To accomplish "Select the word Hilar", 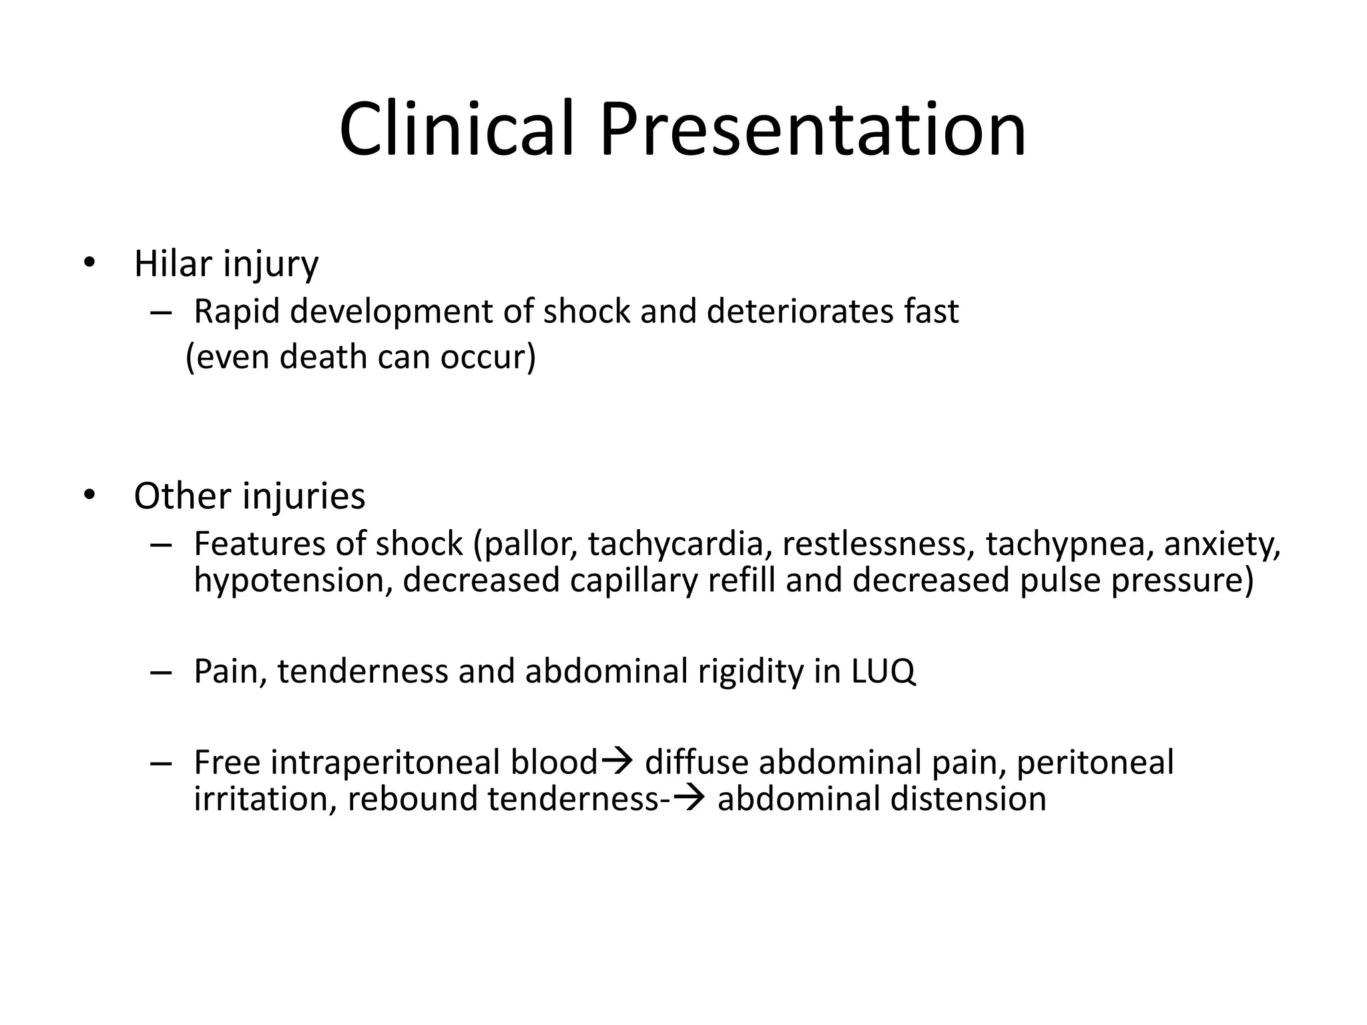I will [x=172, y=264].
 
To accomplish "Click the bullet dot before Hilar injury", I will [x=89, y=263].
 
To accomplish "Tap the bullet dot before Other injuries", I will [x=89, y=495].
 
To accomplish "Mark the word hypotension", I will [x=292, y=581].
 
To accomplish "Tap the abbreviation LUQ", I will [x=884, y=671].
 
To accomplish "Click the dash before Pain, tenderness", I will [x=161, y=671].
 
